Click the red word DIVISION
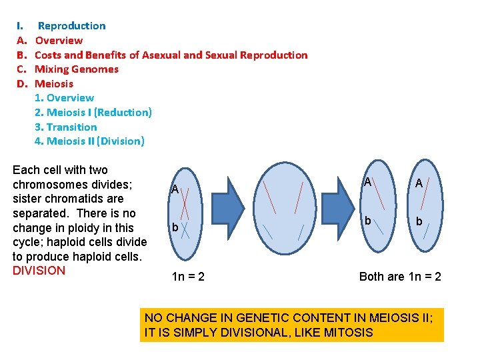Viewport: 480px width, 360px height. pyautogui.click(x=39, y=271)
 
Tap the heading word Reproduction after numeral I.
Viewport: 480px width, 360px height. pyautogui.click(x=71, y=26)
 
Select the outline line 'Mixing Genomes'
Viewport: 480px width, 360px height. pyautogui.click(x=77, y=69)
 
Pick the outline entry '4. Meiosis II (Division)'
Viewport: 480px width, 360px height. pyautogui.click(x=89, y=141)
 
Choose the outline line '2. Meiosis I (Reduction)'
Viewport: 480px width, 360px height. pyautogui.click(x=93, y=112)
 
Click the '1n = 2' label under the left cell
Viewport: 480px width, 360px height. pyautogui.click(x=188, y=276)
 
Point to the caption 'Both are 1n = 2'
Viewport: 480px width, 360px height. pyautogui.click(x=400, y=276)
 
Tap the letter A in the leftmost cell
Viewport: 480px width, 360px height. pyautogui.click(x=174, y=189)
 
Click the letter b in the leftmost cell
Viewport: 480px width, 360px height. pyautogui.click(x=175, y=228)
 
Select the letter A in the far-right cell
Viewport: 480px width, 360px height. pyautogui.click(x=419, y=183)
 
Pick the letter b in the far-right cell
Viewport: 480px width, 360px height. pyautogui.click(x=419, y=221)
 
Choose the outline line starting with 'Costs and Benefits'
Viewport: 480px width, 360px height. pyautogui.click(x=171, y=55)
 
